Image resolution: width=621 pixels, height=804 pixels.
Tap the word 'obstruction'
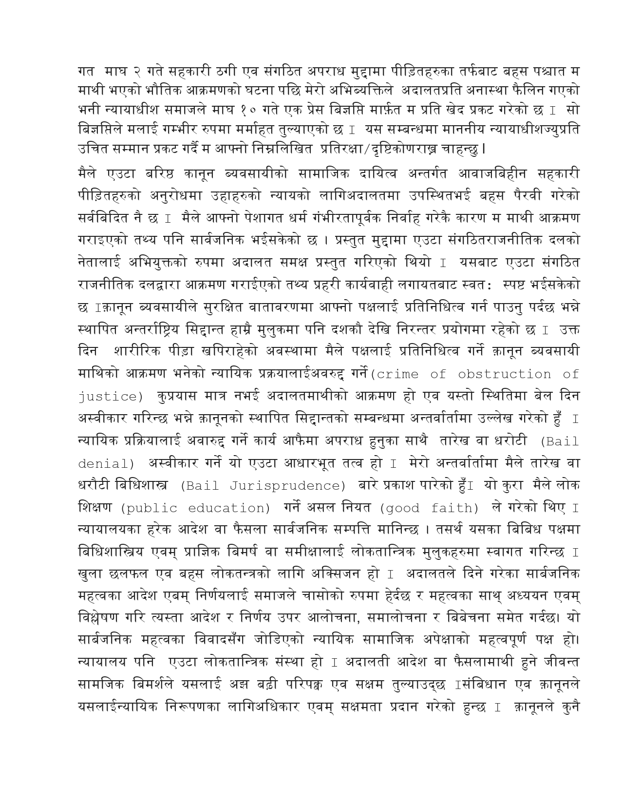point(505,374)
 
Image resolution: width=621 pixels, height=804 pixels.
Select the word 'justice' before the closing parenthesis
point(108,397)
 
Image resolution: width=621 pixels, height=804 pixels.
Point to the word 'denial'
point(104,464)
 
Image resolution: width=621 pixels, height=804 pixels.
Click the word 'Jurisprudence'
point(286,486)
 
